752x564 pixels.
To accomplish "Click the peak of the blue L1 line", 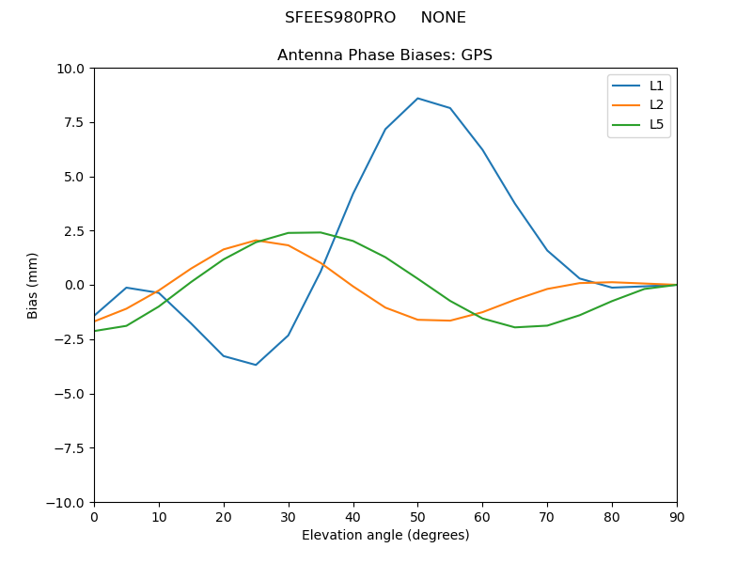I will (x=417, y=98).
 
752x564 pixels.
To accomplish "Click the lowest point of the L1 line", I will (x=256, y=365).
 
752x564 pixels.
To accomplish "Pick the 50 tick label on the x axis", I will (x=417, y=516).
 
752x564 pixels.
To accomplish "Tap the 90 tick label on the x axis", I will (x=677, y=516).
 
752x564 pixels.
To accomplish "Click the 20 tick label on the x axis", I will (x=224, y=516).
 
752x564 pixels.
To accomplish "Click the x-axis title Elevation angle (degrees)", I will (x=385, y=535).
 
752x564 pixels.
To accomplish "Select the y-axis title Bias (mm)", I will (x=33, y=285).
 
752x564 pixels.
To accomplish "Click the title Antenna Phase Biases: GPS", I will (x=384, y=55).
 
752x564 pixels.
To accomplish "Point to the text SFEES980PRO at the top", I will (x=340, y=18).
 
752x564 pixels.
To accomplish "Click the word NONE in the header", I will (x=443, y=18).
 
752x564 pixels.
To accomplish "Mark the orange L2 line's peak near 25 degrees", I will (x=256, y=240).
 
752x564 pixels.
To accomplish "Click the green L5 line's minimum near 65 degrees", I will (x=515, y=327).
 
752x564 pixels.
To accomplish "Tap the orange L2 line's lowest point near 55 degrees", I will (x=450, y=321).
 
